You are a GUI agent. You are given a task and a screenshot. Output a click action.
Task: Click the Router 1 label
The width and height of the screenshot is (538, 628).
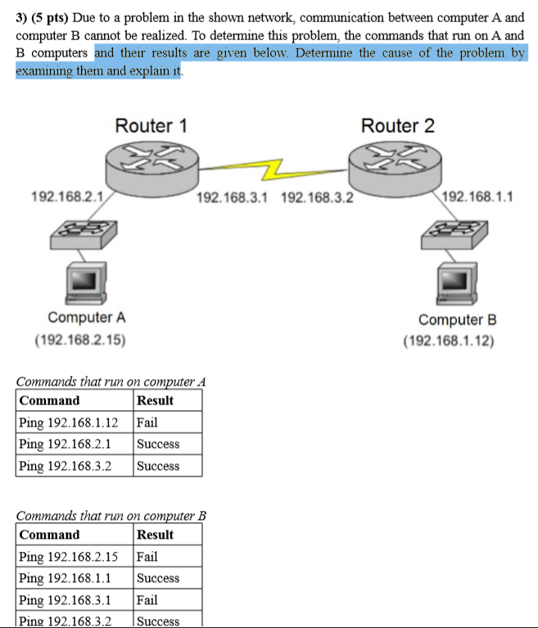[151, 126]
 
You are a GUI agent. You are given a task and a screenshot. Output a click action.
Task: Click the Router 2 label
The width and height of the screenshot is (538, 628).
[397, 126]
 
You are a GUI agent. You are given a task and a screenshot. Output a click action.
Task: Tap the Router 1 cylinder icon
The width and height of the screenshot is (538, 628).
[152, 169]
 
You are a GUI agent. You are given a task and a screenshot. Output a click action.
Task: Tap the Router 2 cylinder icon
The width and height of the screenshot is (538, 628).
[395, 169]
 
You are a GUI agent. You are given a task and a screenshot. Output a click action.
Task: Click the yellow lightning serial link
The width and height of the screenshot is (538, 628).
[274, 169]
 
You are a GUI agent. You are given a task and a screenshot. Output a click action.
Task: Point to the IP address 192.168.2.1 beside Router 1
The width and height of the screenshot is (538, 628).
[67, 197]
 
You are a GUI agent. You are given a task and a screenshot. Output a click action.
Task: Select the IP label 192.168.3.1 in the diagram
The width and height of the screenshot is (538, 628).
[232, 197]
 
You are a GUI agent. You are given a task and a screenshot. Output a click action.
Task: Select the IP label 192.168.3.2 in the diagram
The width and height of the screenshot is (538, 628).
[317, 197]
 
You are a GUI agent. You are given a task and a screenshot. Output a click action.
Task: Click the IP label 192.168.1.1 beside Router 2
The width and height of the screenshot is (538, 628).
[477, 197]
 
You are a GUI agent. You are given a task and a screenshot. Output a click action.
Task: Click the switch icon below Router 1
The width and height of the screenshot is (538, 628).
[84, 235]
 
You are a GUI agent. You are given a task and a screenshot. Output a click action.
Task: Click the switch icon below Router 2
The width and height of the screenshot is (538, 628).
[454, 235]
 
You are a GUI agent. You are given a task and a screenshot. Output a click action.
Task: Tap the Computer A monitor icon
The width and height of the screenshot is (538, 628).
[86, 282]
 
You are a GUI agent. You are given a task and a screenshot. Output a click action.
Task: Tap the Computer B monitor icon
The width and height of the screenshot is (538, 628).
[457, 283]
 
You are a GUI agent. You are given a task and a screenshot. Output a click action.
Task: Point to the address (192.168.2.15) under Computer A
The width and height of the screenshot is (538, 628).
[80, 340]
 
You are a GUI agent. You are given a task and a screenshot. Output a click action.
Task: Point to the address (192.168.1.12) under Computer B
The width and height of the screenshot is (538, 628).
[449, 341]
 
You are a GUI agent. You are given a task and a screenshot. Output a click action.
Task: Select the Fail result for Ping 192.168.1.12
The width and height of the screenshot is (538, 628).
[147, 422]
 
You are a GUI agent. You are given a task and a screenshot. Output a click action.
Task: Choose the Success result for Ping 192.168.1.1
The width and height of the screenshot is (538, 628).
[158, 578]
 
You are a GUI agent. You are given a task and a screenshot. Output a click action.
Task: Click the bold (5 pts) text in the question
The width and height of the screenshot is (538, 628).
[50, 18]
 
